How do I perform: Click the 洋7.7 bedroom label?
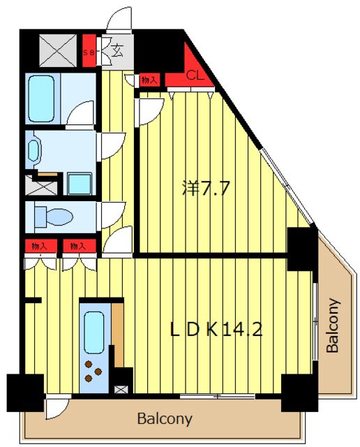click(x=206, y=188)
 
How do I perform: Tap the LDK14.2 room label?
click(x=216, y=330)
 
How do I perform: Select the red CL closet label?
click(x=195, y=75)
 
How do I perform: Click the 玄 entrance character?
click(x=117, y=51)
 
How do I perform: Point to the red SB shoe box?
click(x=89, y=51)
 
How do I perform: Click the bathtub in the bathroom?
click(x=42, y=98)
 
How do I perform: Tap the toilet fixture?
click(x=54, y=217)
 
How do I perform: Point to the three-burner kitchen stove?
click(x=93, y=371)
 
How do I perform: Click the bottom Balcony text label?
click(x=165, y=419)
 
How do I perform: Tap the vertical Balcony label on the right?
click(x=333, y=325)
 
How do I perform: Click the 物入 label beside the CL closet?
click(x=149, y=80)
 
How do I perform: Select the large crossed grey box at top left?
click(x=58, y=51)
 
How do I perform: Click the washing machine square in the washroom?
click(x=80, y=184)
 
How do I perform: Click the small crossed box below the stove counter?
click(x=119, y=389)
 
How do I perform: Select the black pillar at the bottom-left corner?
click(x=25, y=393)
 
